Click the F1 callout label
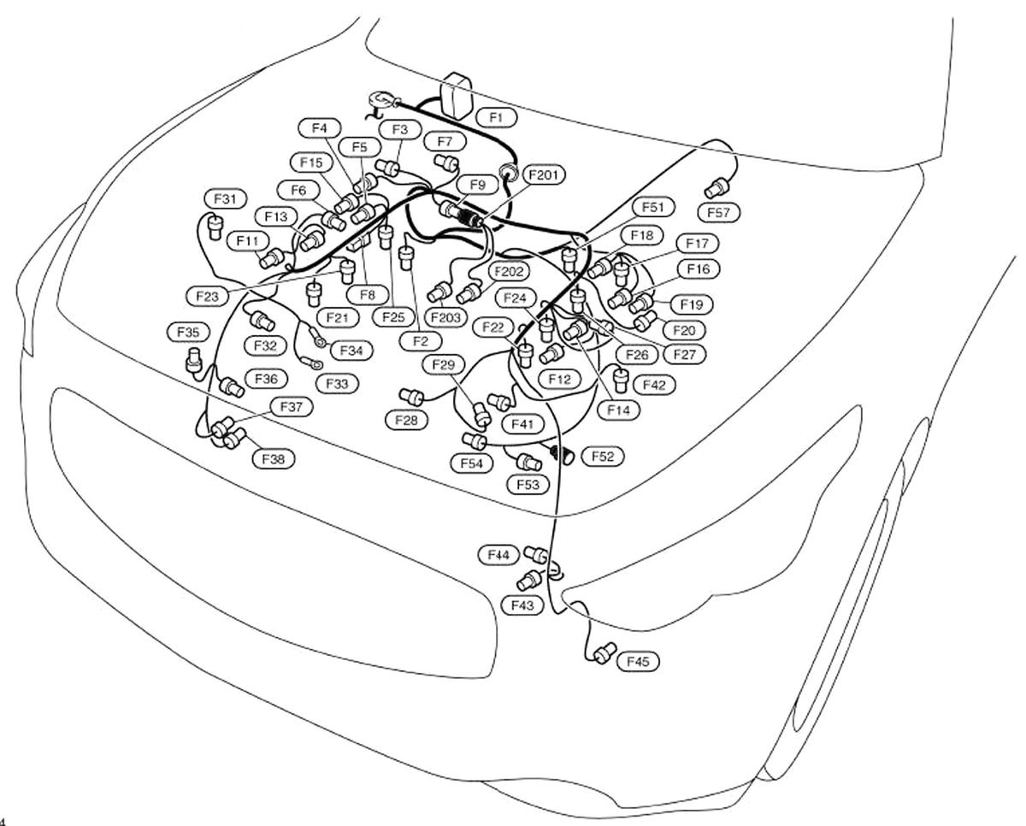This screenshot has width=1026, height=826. pos(497,116)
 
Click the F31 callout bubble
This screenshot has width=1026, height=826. pos(224,199)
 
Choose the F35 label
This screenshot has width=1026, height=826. pos(187,331)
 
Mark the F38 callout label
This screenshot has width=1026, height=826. pos(273,459)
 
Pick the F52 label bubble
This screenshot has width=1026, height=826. pos(602,457)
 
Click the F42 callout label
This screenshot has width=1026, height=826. pos(653,386)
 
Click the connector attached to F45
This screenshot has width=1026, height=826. pos(604,654)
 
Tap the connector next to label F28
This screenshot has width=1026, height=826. pos(413,396)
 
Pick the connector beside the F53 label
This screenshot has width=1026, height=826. pos(528,463)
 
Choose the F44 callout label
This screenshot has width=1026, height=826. pos(499,555)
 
